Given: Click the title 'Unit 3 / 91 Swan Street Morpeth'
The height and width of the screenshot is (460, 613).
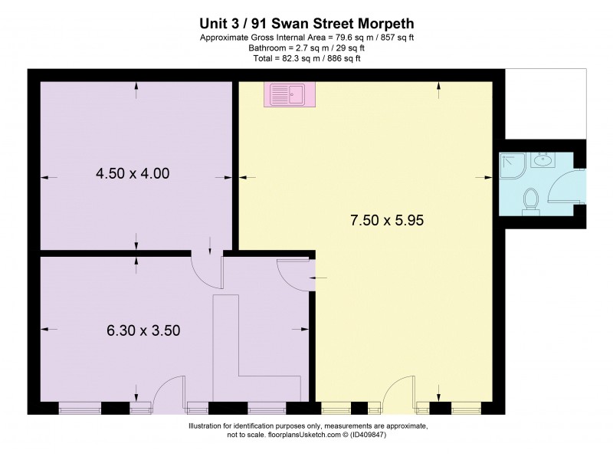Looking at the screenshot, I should (x=306, y=24).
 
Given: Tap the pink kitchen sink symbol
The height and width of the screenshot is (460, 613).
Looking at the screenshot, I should (x=286, y=94).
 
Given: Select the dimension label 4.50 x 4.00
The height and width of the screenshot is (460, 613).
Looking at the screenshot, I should (x=133, y=174).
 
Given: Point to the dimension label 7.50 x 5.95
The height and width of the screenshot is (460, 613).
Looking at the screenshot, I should (x=387, y=220).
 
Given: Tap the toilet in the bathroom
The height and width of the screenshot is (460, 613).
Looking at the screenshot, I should (x=529, y=200).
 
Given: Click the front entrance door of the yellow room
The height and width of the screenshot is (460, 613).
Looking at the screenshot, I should (x=399, y=392).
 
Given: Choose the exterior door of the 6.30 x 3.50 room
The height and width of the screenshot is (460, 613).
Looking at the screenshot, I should (x=169, y=390).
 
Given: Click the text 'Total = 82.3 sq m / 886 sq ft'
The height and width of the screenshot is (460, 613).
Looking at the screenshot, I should (x=306, y=58).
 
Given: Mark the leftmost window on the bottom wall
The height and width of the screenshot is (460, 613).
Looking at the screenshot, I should (x=80, y=408).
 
